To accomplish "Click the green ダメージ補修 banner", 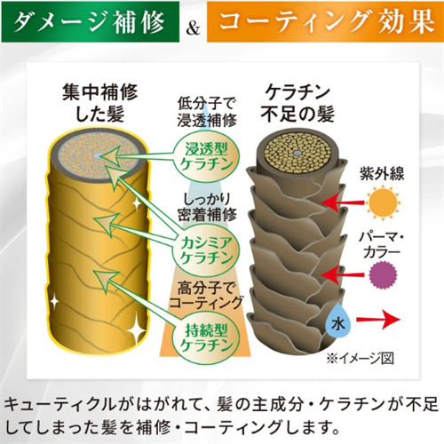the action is pyautogui.click(x=90, y=21).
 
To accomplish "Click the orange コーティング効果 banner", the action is pyautogui.click(x=325, y=21).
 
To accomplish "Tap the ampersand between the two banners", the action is pyautogui.click(x=193, y=29).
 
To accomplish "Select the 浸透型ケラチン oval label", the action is pyautogui.click(x=207, y=157).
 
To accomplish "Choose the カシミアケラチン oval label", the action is pyautogui.click(x=207, y=251).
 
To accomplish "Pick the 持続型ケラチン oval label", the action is pyautogui.click(x=207, y=337).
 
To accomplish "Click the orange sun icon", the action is pyautogui.click(x=384, y=202).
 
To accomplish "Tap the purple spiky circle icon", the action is pyautogui.click(x=384, y=275).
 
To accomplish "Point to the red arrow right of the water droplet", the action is pyautogui.click(x=378, y=320).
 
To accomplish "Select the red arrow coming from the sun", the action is pyautogui.click(x=343, y=203).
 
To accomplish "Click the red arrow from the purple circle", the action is pyautogui.click(x=343, y=274).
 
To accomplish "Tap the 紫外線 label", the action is pyautogui.click(x=382, y=173).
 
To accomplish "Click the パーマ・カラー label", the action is pyautogui.click(x=382, y=245).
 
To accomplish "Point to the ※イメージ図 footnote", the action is pyautogui.click(x=361, y=359).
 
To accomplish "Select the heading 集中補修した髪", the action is pyautogui.click(x=99, y=104).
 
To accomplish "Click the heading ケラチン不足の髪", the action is pyautogui.click(x=297, y=104).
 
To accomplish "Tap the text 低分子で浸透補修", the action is pyautogui.click(x=207, y=113).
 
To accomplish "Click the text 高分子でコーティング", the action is pyautogui.click(x=206, y=295).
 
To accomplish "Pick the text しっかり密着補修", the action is pyautogui.click(x=207, y=207).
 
